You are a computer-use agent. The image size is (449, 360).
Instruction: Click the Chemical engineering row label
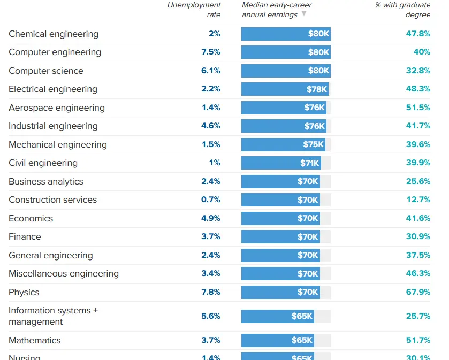click(x=54, y=34)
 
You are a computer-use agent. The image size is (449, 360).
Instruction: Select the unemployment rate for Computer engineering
click(x=211, y=52)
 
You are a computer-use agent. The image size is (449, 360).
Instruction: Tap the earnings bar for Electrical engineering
click(x=284, y=89)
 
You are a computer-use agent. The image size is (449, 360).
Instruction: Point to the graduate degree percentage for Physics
click(x=418, y=292)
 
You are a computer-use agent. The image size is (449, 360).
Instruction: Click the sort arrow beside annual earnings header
click(x=304, y=14)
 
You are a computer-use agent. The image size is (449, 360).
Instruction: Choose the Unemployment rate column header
click(x=194, y=10)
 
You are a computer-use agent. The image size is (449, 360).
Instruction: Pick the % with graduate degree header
click(x=402, y=10)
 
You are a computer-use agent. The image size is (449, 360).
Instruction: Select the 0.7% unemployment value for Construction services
click(x=211, y=200)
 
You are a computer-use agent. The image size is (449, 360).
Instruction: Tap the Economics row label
click(x=31, y=218)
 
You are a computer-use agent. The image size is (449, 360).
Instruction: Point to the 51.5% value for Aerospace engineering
click(x=418, y=108)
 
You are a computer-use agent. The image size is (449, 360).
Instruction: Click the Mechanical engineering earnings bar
click(x=283, y=144)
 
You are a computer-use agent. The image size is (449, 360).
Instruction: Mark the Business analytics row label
click(x=46, y=181)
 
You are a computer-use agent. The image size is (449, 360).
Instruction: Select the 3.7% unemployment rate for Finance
click(x=211, y=237)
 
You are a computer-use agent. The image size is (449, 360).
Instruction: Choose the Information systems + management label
click(x=53, y=316)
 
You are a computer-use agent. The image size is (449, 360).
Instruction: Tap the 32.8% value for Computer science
click(x=418, y=71)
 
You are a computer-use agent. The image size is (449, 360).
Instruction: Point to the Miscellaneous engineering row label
click(x=64, y=274)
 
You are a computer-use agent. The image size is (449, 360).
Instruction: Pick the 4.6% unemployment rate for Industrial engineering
click(x=211, y=126)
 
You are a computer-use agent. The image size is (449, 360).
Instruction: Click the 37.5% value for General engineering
click(x=418, y=255)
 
